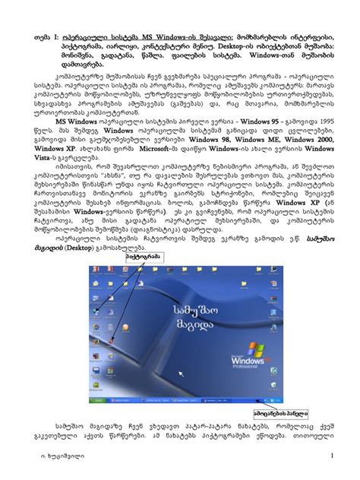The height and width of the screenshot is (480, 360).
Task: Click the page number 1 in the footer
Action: tap(333, 455)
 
